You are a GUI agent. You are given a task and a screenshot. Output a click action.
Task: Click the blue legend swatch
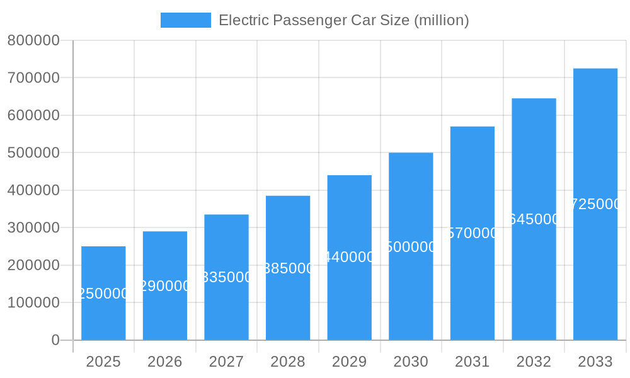(x=186, y=20)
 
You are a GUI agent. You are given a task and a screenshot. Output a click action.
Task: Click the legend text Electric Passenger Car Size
(x=343, y=20)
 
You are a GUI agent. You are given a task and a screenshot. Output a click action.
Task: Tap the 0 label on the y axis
(x=55, y=340)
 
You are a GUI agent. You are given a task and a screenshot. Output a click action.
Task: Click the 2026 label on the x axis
(x=165, y=362)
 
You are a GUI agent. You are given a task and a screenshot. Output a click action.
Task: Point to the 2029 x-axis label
(x=349, y=362)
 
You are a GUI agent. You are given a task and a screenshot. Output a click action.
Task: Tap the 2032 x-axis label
(x=534, y=362)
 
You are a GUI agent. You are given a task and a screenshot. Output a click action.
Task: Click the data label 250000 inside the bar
(x=103, y=294)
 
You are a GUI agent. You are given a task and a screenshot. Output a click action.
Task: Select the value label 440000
(x=349, y=257)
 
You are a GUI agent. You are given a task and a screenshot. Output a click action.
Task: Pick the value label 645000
(x=534, y=219)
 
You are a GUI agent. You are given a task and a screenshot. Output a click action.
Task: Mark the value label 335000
(x=226, y=277)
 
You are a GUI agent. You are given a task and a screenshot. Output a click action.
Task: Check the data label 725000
(x=595, y=204)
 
